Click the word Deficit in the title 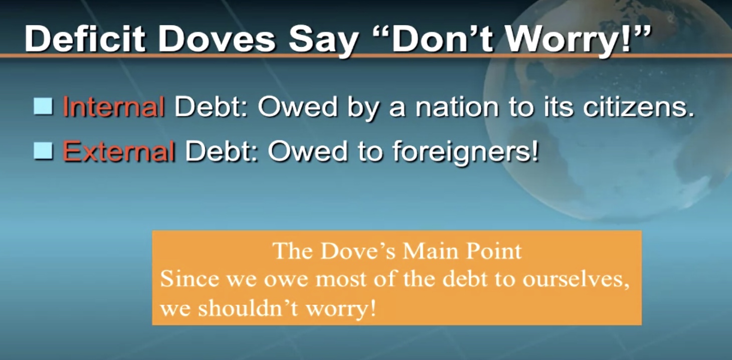coord(85,39)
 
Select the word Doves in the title coord(217,39)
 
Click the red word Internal coord(114,106)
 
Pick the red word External coord(119,151)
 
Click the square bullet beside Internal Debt coord(43,106)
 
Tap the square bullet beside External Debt coord(43,150)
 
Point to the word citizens coord(638,107)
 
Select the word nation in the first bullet coord(457,107)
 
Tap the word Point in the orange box coord(493,251)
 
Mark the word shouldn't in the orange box coord(248,308)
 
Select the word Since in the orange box coord(190,279)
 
